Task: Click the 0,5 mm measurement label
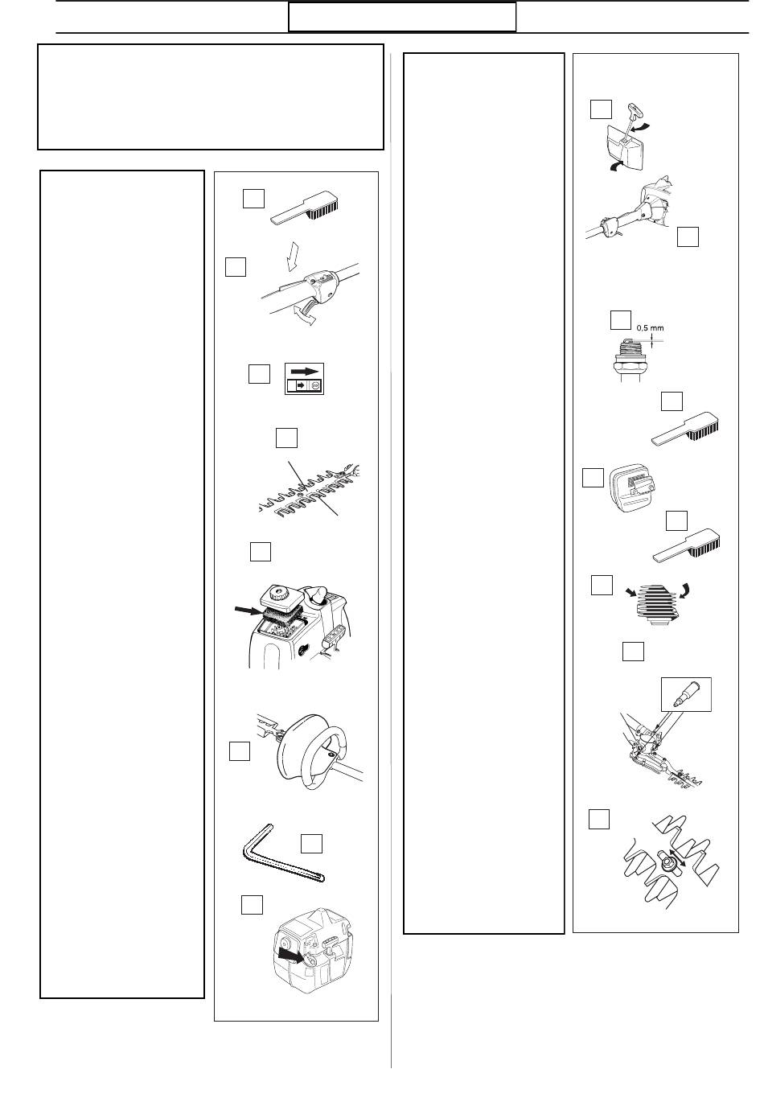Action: [x=650, y=328]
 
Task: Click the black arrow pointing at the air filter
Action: [x=245, y=611]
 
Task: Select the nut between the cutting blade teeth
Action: [x=667, y=864]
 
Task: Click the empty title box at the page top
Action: [x=402, y=17]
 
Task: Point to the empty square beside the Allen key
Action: [x=311, y=843]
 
